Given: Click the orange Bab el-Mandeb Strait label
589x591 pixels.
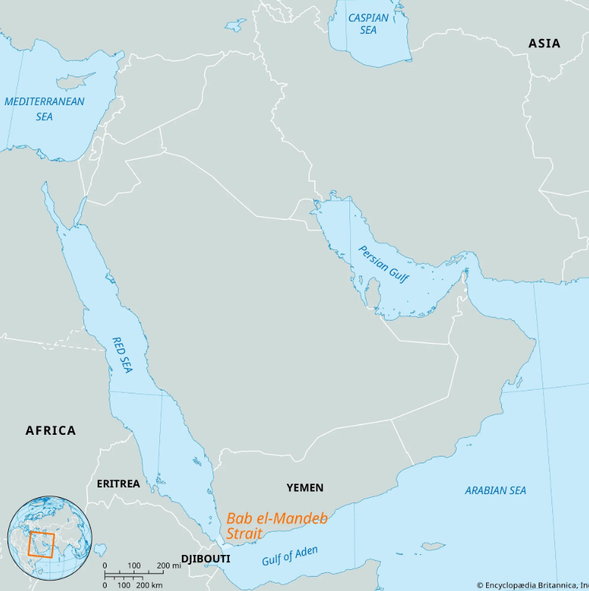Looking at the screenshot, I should (x=276, y=525).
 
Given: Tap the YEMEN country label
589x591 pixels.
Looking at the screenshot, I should (x=305, y=488).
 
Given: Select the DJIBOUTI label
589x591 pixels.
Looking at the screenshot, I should (x=206, y=559).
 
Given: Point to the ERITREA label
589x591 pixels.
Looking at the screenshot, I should (x=118, y=484).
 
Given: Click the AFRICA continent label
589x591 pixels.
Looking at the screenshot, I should (x=50, y=430).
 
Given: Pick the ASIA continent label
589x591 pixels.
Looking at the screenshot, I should (x=544, y=44).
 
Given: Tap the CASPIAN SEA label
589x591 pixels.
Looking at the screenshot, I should (x=368, y=24).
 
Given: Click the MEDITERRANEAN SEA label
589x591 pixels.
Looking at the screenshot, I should (x=44, y=109).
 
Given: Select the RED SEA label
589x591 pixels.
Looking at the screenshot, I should (x=122, y=355).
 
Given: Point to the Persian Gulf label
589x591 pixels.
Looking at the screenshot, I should (x=384, y=264).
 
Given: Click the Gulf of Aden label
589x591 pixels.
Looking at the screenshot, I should (x=289, y=556).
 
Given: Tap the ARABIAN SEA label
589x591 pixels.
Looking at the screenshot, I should (x=495, y=490).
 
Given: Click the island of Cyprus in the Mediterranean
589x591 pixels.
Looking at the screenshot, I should (x=76, y=79).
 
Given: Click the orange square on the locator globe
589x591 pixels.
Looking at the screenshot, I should (x=41, y=544).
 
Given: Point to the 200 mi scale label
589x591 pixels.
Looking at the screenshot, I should (x=169, y=565).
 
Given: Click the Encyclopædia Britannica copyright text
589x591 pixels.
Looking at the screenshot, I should (x=532, y=584).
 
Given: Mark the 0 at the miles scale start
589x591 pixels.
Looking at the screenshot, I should (x=104, y=565).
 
